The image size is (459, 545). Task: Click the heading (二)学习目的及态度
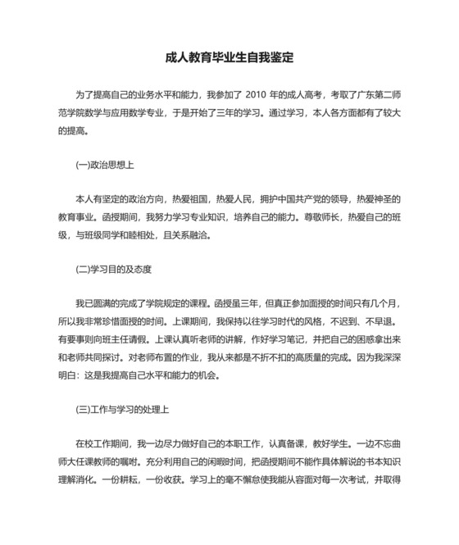[x=114, y=269]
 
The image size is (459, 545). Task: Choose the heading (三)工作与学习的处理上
[x=122, y=408]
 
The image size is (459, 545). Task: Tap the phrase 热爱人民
[x=234, y=199]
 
